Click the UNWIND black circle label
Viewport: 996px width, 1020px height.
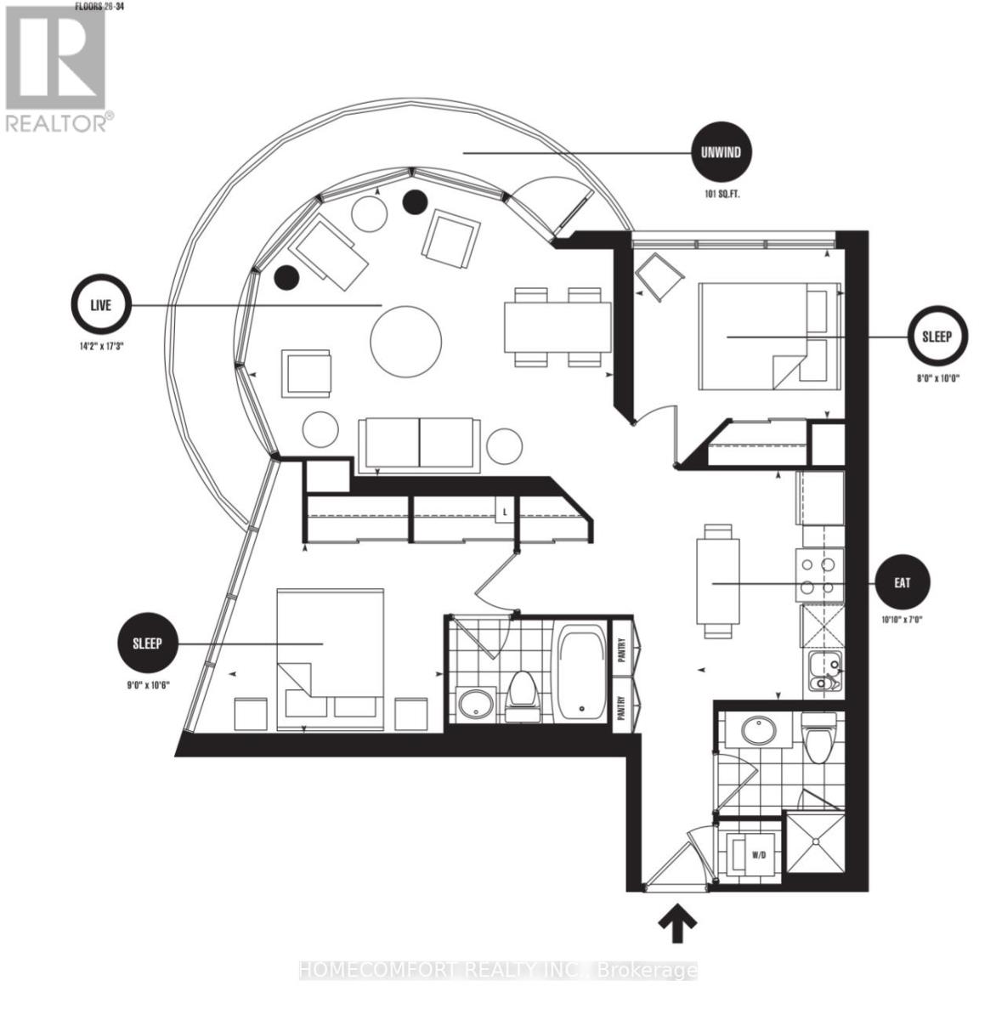coord(721,154)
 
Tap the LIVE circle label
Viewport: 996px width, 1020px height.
coord(100,305)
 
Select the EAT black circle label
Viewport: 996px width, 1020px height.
coord(903,583)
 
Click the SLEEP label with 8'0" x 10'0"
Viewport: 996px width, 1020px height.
coord(937,337)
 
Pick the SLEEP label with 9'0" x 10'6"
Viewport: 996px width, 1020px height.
coord(147,643)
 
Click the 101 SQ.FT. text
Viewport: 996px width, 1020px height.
coord(721,194)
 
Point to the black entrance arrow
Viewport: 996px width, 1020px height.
coord(676,924)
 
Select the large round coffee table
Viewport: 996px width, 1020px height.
coord(406,342)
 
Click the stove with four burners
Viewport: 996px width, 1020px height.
coord(819,575)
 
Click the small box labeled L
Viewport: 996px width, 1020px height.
coord(505,513)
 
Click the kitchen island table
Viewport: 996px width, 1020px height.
coord(716,581)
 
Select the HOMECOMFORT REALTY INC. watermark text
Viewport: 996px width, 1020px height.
coord(498,970)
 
